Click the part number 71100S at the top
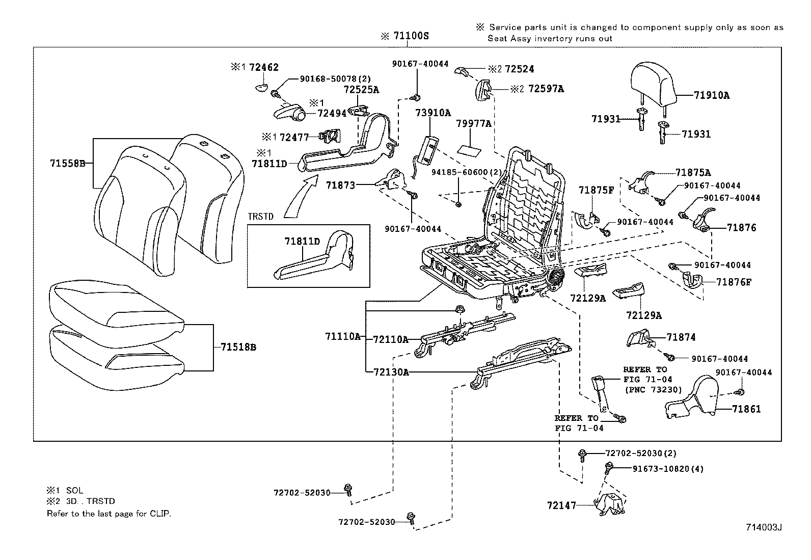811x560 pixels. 411,36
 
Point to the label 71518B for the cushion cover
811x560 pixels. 238,348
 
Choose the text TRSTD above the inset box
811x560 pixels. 261,217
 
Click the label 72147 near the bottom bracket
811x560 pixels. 561,505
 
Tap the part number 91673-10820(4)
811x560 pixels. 661,469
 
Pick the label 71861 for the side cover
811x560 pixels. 746,409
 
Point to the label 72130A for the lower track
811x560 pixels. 391,372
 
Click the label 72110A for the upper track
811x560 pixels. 391,339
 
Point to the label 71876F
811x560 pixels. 741,282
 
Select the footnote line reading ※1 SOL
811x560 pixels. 65,491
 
